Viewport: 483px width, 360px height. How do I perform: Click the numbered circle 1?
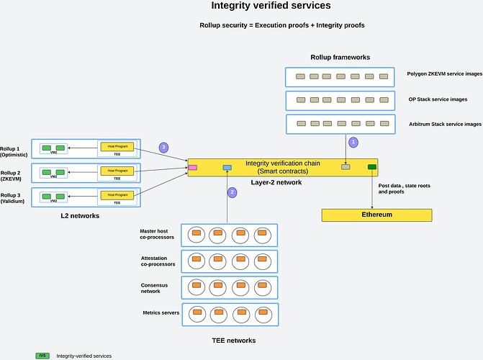353,143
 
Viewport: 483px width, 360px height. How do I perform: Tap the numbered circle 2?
232,192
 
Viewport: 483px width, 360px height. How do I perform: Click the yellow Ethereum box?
376,215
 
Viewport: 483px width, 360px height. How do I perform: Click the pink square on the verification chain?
193,168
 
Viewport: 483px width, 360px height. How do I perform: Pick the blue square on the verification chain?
227,168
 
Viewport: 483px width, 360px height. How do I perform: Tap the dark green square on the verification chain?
372,167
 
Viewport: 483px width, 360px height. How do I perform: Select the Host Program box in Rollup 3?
117,194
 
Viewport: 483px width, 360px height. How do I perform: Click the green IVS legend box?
42,356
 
